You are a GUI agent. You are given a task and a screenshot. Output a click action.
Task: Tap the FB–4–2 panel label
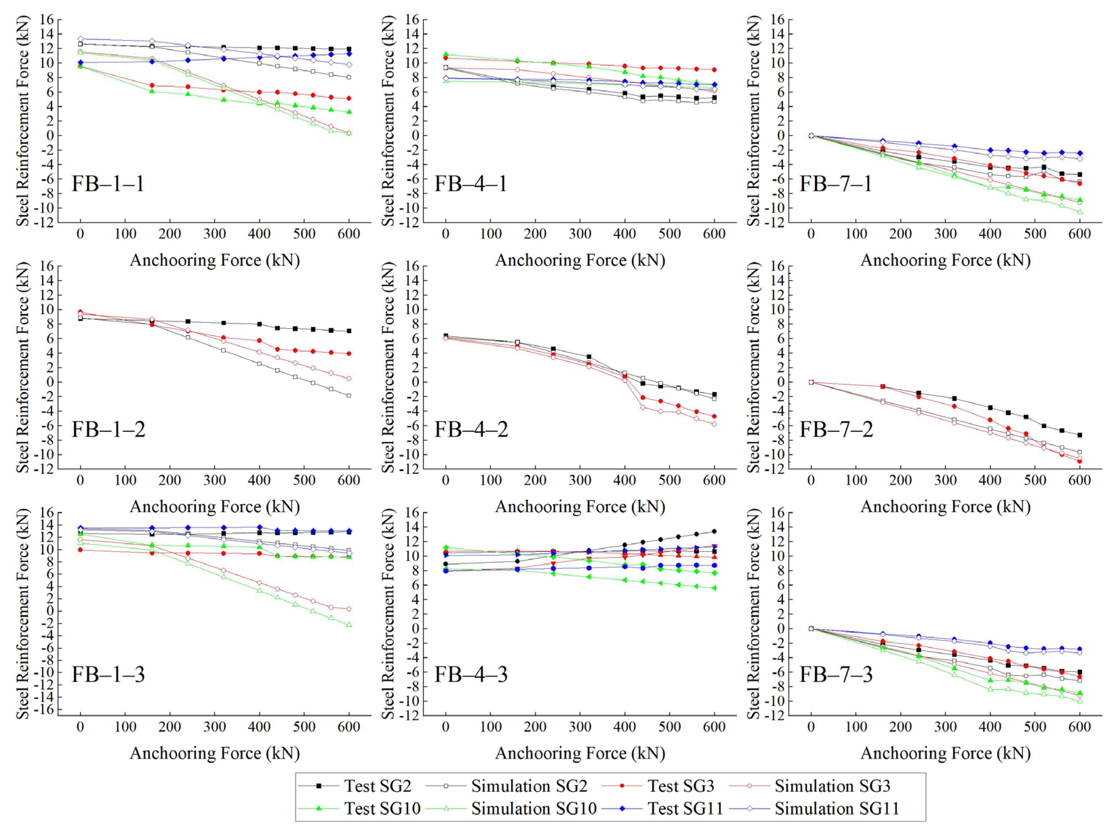[471, 430]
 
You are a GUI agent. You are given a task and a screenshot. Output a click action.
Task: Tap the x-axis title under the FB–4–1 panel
[580, 260]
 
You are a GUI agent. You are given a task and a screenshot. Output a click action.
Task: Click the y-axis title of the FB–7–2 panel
[754, 368]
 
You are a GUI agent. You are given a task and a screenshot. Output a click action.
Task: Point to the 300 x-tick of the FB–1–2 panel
[214, 480]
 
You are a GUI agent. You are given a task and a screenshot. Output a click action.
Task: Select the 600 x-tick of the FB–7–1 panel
[1080, 234]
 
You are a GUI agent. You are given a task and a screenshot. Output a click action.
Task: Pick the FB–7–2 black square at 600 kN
[1080, 435]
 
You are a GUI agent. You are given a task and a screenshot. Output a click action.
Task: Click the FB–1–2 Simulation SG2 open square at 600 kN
[349, 395]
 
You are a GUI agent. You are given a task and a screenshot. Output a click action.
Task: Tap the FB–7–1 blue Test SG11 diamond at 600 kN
[1080, 153]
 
